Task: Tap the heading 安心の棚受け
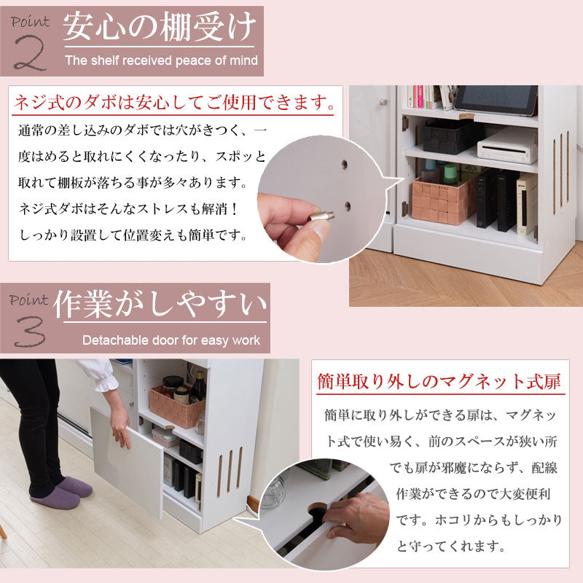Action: [160, 28]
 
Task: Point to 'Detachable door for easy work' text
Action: [171, 340]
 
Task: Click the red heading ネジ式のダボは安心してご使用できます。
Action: [175, 102]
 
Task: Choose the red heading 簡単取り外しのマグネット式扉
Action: [439, 382]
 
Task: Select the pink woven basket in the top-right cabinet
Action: [442, 198]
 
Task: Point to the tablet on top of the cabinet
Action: [497, 101]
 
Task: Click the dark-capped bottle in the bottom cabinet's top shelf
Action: [197, 386]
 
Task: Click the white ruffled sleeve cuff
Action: [101, 375]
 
